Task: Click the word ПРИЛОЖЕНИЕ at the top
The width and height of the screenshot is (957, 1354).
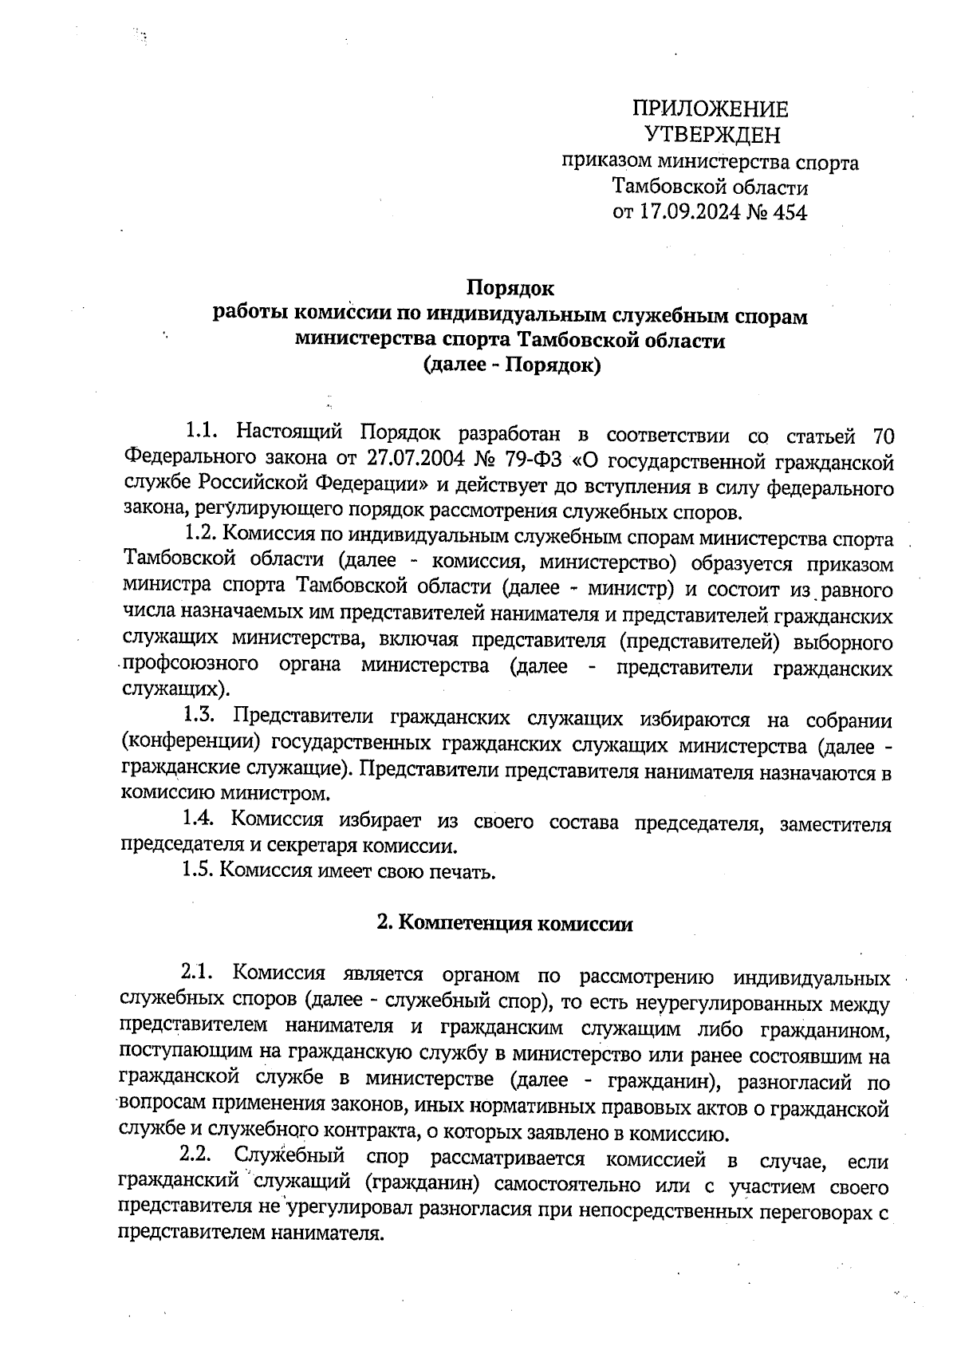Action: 710,109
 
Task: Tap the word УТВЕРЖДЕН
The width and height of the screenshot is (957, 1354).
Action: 711,134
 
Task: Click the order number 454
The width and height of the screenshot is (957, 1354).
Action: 790,213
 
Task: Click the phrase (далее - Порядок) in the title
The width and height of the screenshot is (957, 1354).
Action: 510,366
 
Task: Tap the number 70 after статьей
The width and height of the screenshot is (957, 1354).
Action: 881,436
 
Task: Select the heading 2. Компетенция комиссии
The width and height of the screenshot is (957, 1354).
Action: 505,924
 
